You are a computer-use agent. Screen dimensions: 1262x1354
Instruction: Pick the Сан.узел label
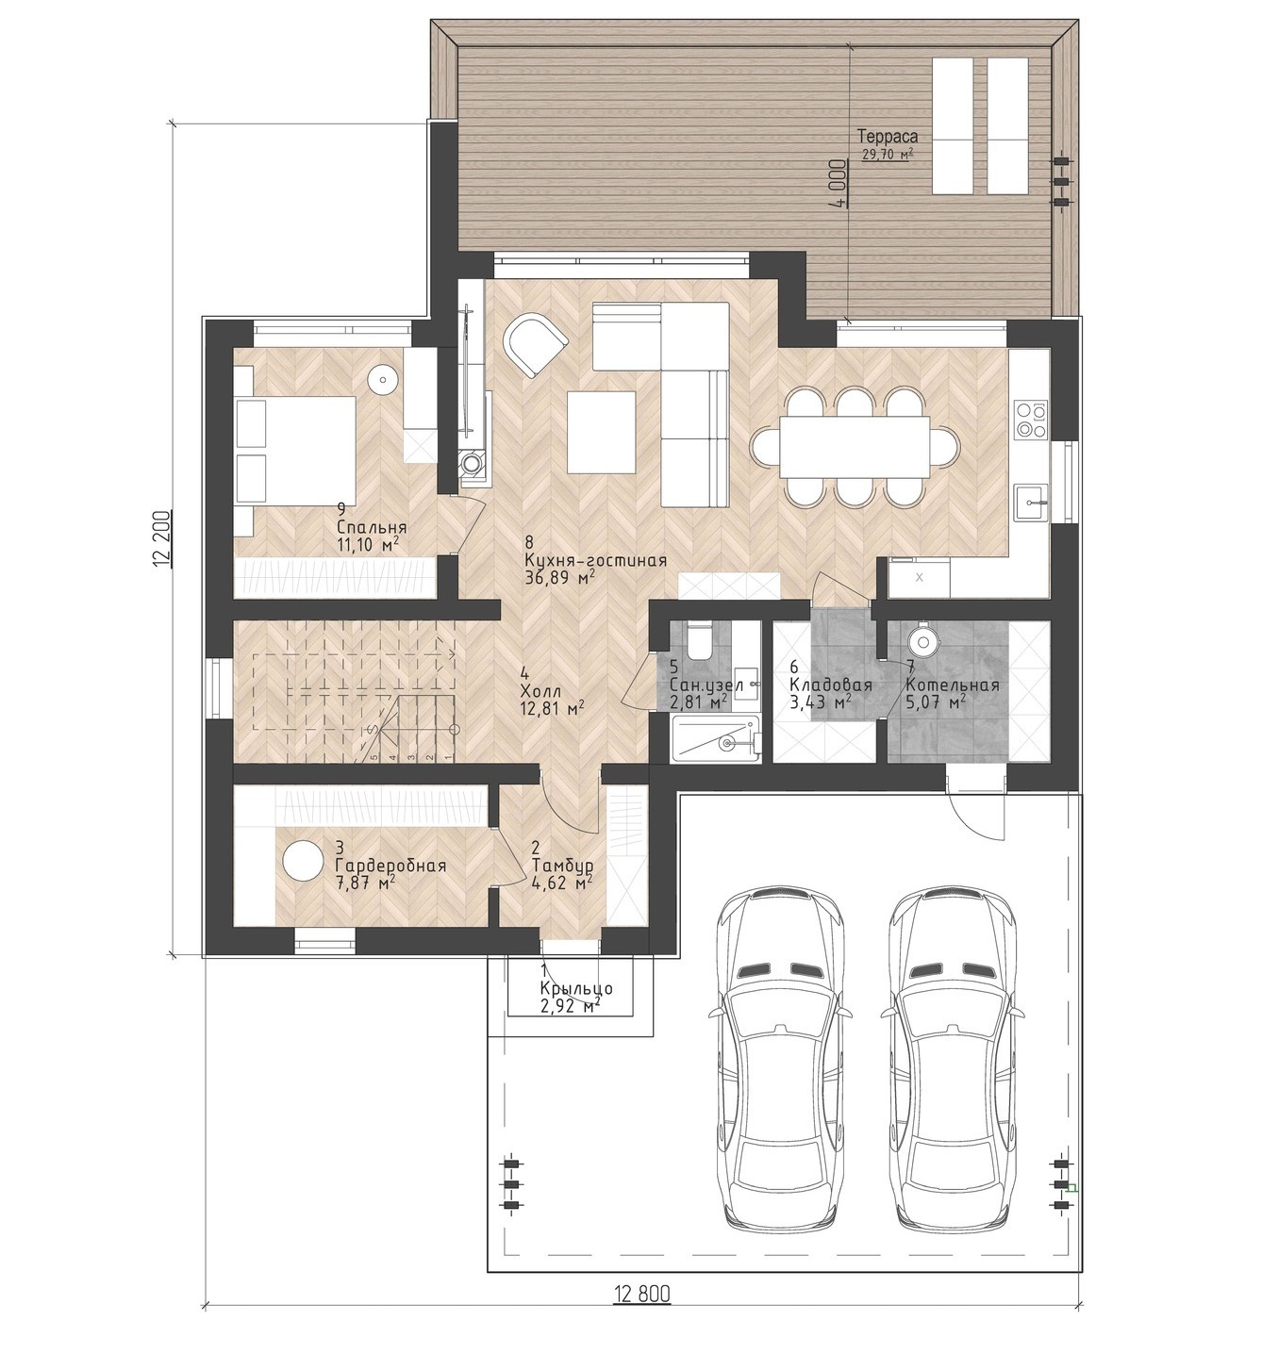[706, 685]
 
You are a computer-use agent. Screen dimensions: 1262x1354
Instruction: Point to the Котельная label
[953, 685]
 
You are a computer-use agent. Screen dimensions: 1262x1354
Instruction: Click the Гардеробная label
[390, 866]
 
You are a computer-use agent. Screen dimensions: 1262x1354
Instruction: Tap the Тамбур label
[562, 866]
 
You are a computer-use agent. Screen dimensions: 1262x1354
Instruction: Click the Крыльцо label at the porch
[576, 988]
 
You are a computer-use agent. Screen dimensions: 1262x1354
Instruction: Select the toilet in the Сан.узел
[699, 641]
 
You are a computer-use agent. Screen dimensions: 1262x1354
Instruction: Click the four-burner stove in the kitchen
[1030, 420]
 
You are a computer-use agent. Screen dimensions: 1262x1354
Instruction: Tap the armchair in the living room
[535, 343]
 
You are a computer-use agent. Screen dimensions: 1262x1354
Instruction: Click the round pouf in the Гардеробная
[303, 861]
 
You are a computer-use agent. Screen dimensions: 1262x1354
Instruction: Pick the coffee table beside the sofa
[601, 431]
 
